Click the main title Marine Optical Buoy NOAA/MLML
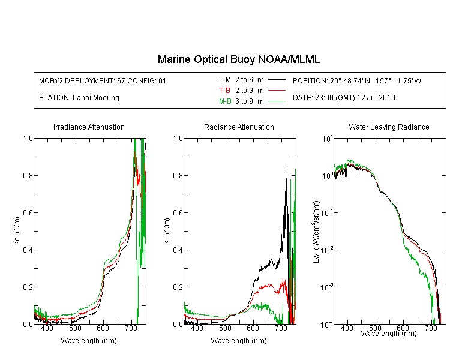[239, 59]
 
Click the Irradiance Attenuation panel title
[89, 127]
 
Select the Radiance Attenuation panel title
[239, 127]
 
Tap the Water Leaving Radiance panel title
[389, 127]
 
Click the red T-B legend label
[224, 91]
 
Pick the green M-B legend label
[225, 101]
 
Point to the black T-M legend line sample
[277, 80]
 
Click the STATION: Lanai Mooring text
[79, 98]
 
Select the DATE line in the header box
[344, 98]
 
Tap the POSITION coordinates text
[357, 80]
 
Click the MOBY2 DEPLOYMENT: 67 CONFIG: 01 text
[103, 80]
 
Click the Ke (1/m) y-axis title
[17, 232]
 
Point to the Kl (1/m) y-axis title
[167, 232]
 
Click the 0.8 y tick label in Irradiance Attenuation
[28, 175]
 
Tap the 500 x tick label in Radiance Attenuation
[225, 328]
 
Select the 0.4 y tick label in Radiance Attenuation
[178, 250]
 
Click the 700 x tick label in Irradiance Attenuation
[131, 328]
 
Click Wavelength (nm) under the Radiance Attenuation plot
[239, 341]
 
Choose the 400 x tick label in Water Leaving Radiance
[347, 328]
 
